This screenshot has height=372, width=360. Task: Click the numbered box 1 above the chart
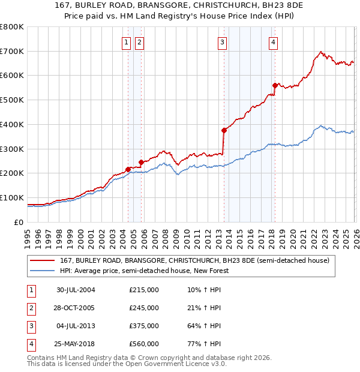[127, 42]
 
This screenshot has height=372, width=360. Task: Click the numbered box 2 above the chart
[139, 42]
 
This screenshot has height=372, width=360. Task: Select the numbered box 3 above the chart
[222, 42]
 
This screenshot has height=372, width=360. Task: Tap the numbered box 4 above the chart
[273, 42]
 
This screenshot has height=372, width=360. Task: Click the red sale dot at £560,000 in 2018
[275, 85]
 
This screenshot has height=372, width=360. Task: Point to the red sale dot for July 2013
[224, 130]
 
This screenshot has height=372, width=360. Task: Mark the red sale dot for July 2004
[128, 169]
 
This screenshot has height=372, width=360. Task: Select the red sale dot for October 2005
[142, 162]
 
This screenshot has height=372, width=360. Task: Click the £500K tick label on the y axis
[12, 100]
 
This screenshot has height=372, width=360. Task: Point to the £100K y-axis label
[12, 197]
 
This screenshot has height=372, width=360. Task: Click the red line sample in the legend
[42, 261]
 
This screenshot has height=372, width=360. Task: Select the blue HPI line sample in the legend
[42, 271]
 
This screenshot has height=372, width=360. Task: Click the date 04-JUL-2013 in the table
[76, 326]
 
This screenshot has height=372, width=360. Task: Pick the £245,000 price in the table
[144, 308]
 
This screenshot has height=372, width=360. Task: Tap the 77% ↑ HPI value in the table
[204, 344]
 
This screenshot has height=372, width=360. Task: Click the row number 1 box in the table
[30, 290]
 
